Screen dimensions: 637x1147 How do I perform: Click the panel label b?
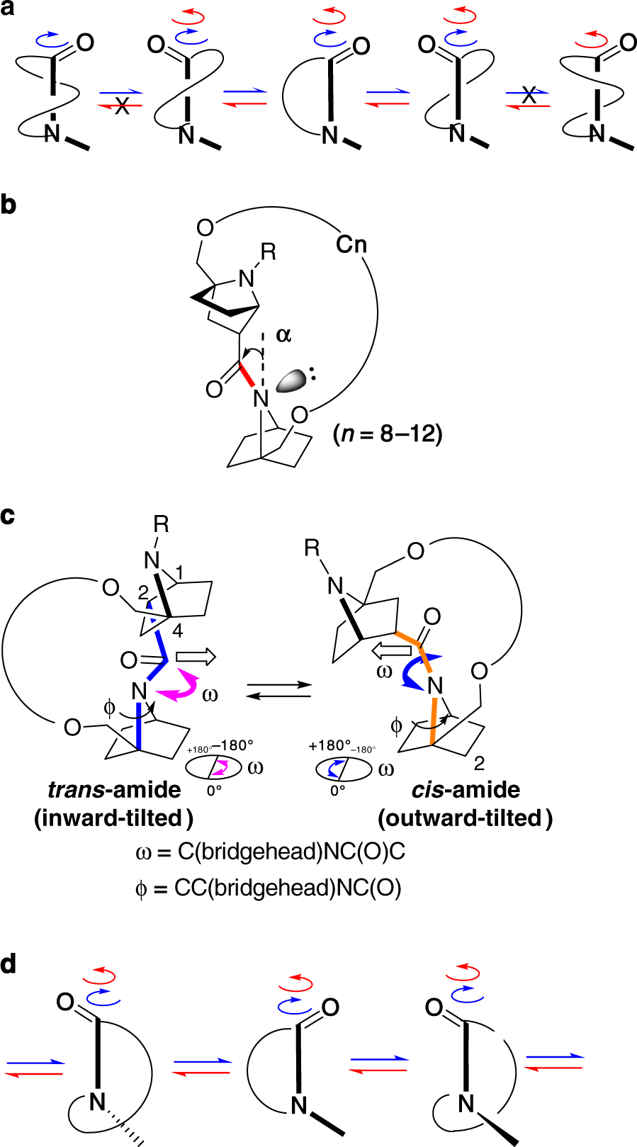9,204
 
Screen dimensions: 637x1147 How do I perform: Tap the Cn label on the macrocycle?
351,244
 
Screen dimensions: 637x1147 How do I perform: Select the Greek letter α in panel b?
283,335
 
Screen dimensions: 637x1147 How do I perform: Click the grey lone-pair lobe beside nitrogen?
291,381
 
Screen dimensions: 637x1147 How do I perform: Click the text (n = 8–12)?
388,434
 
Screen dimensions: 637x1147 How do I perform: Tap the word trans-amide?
114,790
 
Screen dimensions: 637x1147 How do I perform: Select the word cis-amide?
466,790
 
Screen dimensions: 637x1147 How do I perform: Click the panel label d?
9,964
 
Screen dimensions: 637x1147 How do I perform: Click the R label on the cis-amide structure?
311,548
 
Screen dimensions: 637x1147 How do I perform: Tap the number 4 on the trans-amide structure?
177,631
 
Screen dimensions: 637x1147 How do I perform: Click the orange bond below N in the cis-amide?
433,720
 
